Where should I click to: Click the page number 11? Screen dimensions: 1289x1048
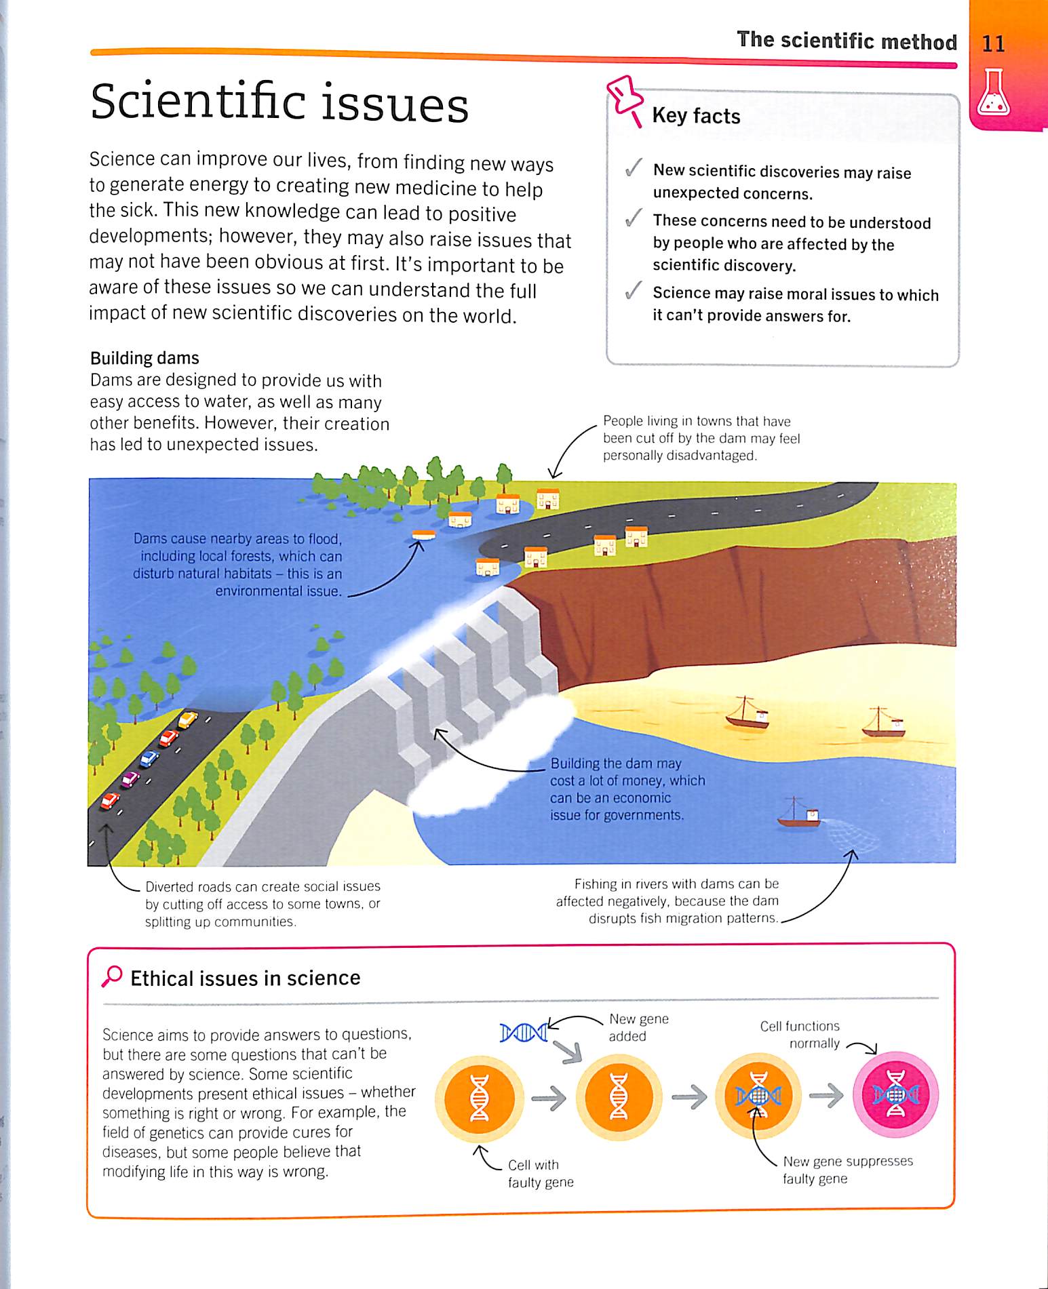pos(993,43)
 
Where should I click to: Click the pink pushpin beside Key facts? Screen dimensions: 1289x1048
pos(625,99)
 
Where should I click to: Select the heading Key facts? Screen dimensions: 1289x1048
pos(696,116)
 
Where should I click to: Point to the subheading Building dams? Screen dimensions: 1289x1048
pos(144,358)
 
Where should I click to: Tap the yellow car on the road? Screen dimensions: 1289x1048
pos(188,719)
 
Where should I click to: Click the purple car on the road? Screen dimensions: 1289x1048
pos(130,778)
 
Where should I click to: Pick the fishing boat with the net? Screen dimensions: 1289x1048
pos(800,816)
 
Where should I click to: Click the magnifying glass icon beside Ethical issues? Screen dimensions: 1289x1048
pos(112,976)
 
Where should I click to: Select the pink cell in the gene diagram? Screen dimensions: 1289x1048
pos(895,1094)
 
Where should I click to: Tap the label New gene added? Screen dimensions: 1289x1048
pos(638,1027)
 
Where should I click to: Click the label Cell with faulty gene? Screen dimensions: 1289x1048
pos(541,1173)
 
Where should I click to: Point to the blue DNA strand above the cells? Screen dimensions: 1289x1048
pos(524,1033)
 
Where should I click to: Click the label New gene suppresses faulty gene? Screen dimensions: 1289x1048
pos(847,1170)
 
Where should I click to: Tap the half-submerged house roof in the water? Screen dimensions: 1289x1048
pos(423,534)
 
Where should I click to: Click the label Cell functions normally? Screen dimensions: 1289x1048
pos(800,1035)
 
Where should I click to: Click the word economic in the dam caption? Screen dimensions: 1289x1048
pos(641,798)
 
